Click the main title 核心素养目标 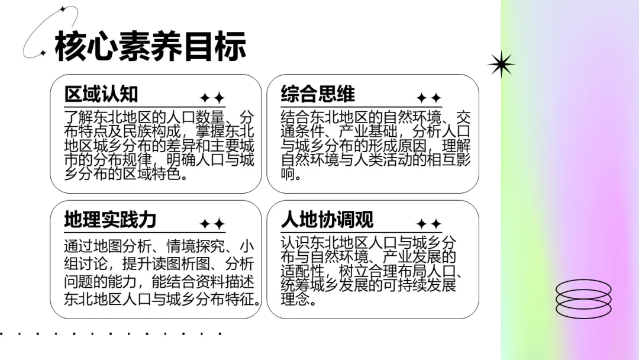[150, 47]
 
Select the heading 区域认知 [101, 94]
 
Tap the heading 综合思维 [318, 94]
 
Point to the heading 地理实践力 [110, 220]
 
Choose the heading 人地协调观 [327, 220]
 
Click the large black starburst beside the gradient [501, 64]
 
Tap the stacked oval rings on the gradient [583, 298]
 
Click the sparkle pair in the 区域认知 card [212, 98]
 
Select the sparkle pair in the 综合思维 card [428, 98]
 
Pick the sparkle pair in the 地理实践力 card [212, 224]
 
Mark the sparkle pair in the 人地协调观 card [428, 224]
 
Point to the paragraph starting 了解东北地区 [159, 145]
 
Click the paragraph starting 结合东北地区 [376, 145]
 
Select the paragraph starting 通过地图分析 [161, 272]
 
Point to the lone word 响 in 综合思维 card [288, 174]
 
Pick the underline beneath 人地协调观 [362, 232]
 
